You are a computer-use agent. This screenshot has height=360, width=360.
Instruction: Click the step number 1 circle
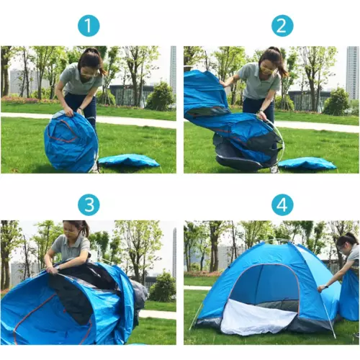(x=89, y=26)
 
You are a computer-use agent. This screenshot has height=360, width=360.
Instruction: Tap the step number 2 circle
(x=282, y=26)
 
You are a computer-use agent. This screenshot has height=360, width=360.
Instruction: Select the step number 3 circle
(x=89, y=204)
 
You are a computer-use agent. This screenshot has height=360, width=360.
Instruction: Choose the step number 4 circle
(x=282, y=204)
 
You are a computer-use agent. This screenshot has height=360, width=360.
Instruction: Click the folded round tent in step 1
(x=71, y=142)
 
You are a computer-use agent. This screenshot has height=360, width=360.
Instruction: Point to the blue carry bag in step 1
(x=129, y=161)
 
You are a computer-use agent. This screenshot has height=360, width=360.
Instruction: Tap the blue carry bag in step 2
(x=307, y=163)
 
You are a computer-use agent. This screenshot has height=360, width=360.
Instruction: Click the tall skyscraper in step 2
(x=353, y=73)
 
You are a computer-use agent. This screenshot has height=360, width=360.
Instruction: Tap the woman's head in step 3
(x=74, y=230)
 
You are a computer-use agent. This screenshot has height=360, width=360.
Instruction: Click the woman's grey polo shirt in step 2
(x=258, y=81)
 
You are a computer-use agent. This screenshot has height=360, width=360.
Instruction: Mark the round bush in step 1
(x=161, y=96)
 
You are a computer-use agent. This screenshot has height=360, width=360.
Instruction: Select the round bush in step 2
(x=336, y=102)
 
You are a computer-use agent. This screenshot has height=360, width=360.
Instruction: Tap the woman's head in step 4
(x=347, y=243)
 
